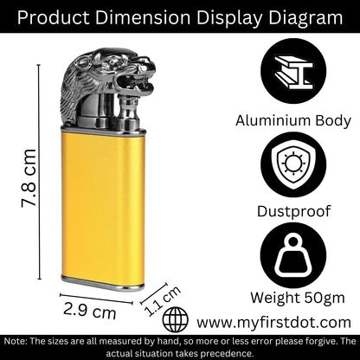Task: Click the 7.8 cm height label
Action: click(x=29, y=178)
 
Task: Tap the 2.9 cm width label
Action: click(x=90, y=311)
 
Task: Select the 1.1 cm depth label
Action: click(x=163, y=300)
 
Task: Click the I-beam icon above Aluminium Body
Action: click(x=293, y=71)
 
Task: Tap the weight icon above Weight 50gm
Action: click(x=293, y=255)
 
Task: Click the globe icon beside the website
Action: click(x=176, y=319)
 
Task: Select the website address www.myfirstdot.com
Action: click(x=274, y=322)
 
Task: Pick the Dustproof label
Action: click(x=293, y=211)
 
